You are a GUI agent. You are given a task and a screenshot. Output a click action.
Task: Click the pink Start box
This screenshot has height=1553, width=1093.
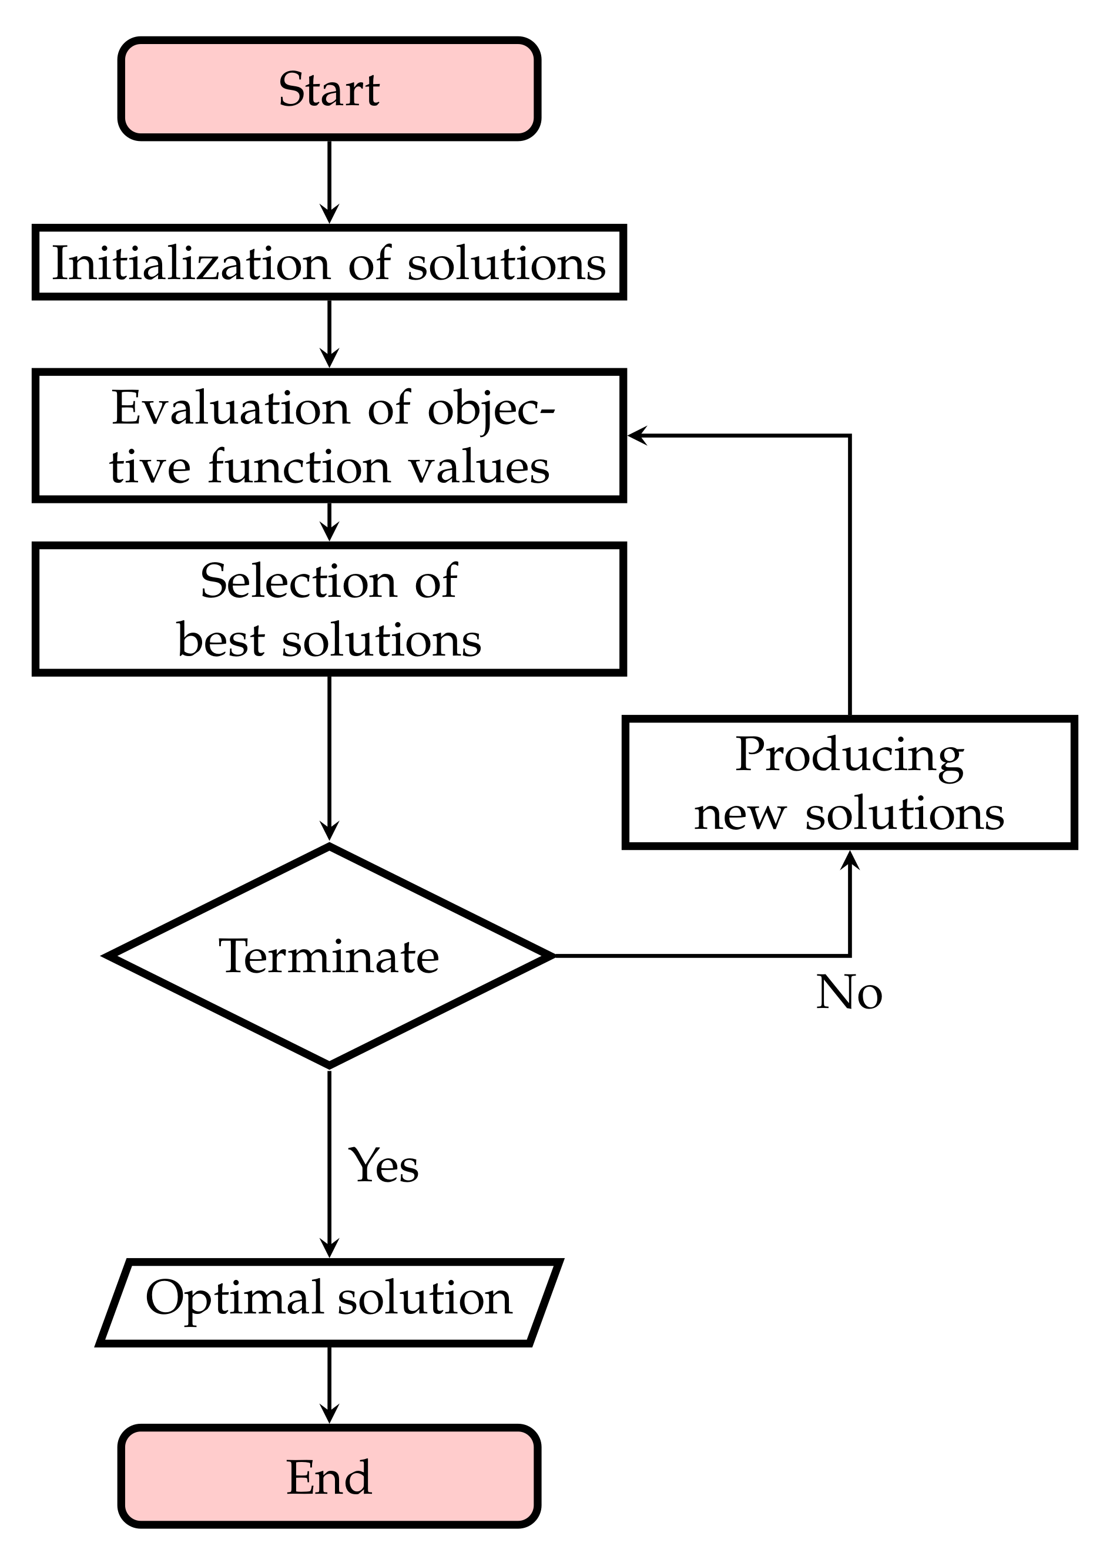coord(329,89)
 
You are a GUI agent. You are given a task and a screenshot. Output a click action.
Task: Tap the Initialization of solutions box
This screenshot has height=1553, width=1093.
coord(329,263)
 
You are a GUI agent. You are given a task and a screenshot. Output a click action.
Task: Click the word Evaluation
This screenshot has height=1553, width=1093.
coord(228,409)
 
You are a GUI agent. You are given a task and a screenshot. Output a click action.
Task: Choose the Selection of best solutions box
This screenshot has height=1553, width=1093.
coord(329,609)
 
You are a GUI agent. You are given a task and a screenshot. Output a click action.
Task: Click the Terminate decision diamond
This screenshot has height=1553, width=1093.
coord(329,956)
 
